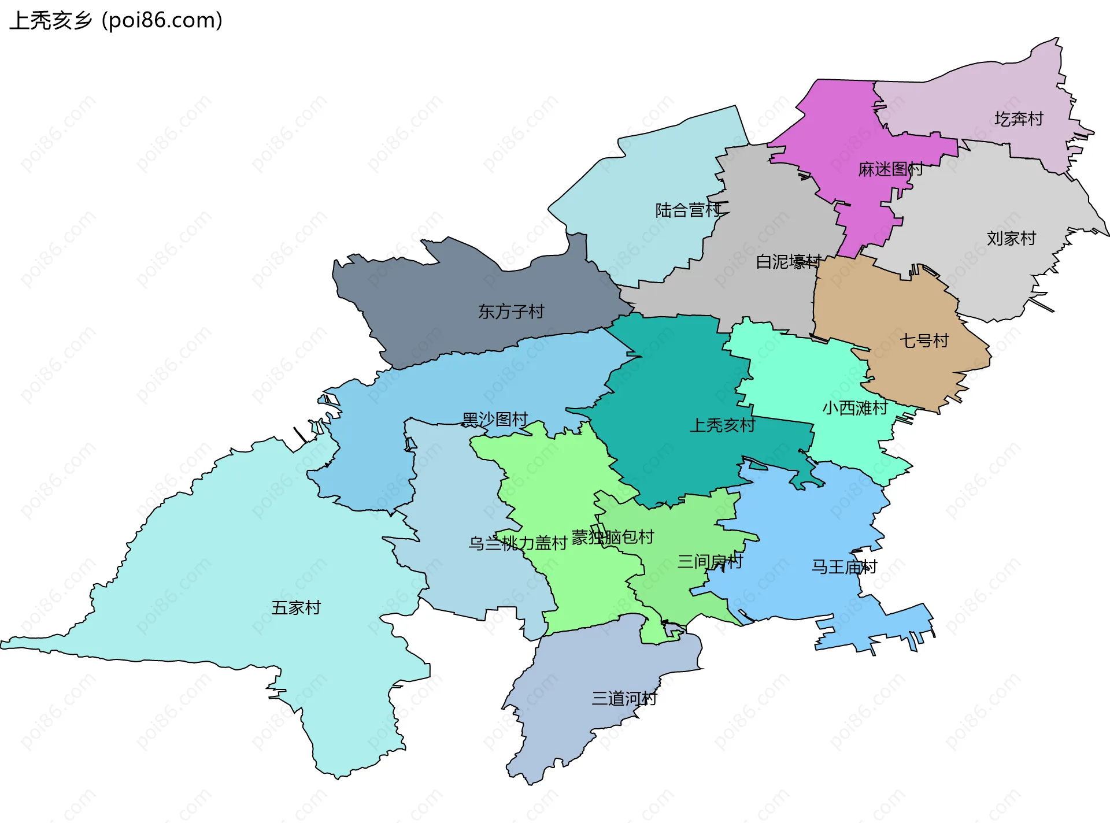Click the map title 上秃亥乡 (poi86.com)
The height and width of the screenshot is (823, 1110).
[x=116, y=21]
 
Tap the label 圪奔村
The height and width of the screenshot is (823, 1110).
[x=1019, y=119]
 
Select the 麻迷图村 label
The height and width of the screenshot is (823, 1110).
[x=890, y=169]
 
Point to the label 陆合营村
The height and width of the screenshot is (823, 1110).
[x=688, y=210]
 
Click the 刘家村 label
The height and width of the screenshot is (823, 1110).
[x=1011, y=238]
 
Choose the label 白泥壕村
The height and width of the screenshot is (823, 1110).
[x=789, y=262]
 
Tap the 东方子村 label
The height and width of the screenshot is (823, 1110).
[x=511, y=312]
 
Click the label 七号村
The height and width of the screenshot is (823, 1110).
[x=924, y=340]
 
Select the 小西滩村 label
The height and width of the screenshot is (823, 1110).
[x=855, y=408]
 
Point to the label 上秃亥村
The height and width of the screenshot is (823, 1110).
[x=722, y=425]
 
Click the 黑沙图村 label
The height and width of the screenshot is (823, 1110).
[x=495, y=419]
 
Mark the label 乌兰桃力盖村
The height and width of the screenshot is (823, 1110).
[x=517, y=543]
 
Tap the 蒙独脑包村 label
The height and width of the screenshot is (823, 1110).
[x=613, y=537]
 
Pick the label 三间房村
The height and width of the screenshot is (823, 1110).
[x=710, y=561]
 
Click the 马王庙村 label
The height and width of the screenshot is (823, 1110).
[x=844, y=566]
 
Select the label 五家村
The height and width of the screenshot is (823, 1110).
[x=296, y=607]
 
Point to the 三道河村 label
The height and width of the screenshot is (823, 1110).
[x=624, y=698]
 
